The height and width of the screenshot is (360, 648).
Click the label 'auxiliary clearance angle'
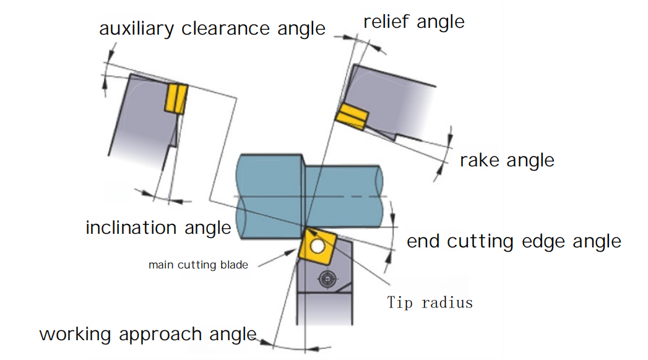(212, 28)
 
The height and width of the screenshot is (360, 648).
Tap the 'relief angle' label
(413, 22)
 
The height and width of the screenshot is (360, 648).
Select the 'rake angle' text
(507, 160)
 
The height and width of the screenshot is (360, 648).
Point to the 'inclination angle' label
(158, 228)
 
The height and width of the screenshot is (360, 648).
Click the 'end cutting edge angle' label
(514, 241)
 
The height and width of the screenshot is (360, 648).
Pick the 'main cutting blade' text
(198, 265)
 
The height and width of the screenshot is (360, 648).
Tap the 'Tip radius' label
(430, 302)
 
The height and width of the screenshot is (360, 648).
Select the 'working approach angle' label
(148, 334)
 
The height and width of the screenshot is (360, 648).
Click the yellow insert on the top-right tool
(352, 116)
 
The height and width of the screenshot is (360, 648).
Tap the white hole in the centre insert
(318, 247)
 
